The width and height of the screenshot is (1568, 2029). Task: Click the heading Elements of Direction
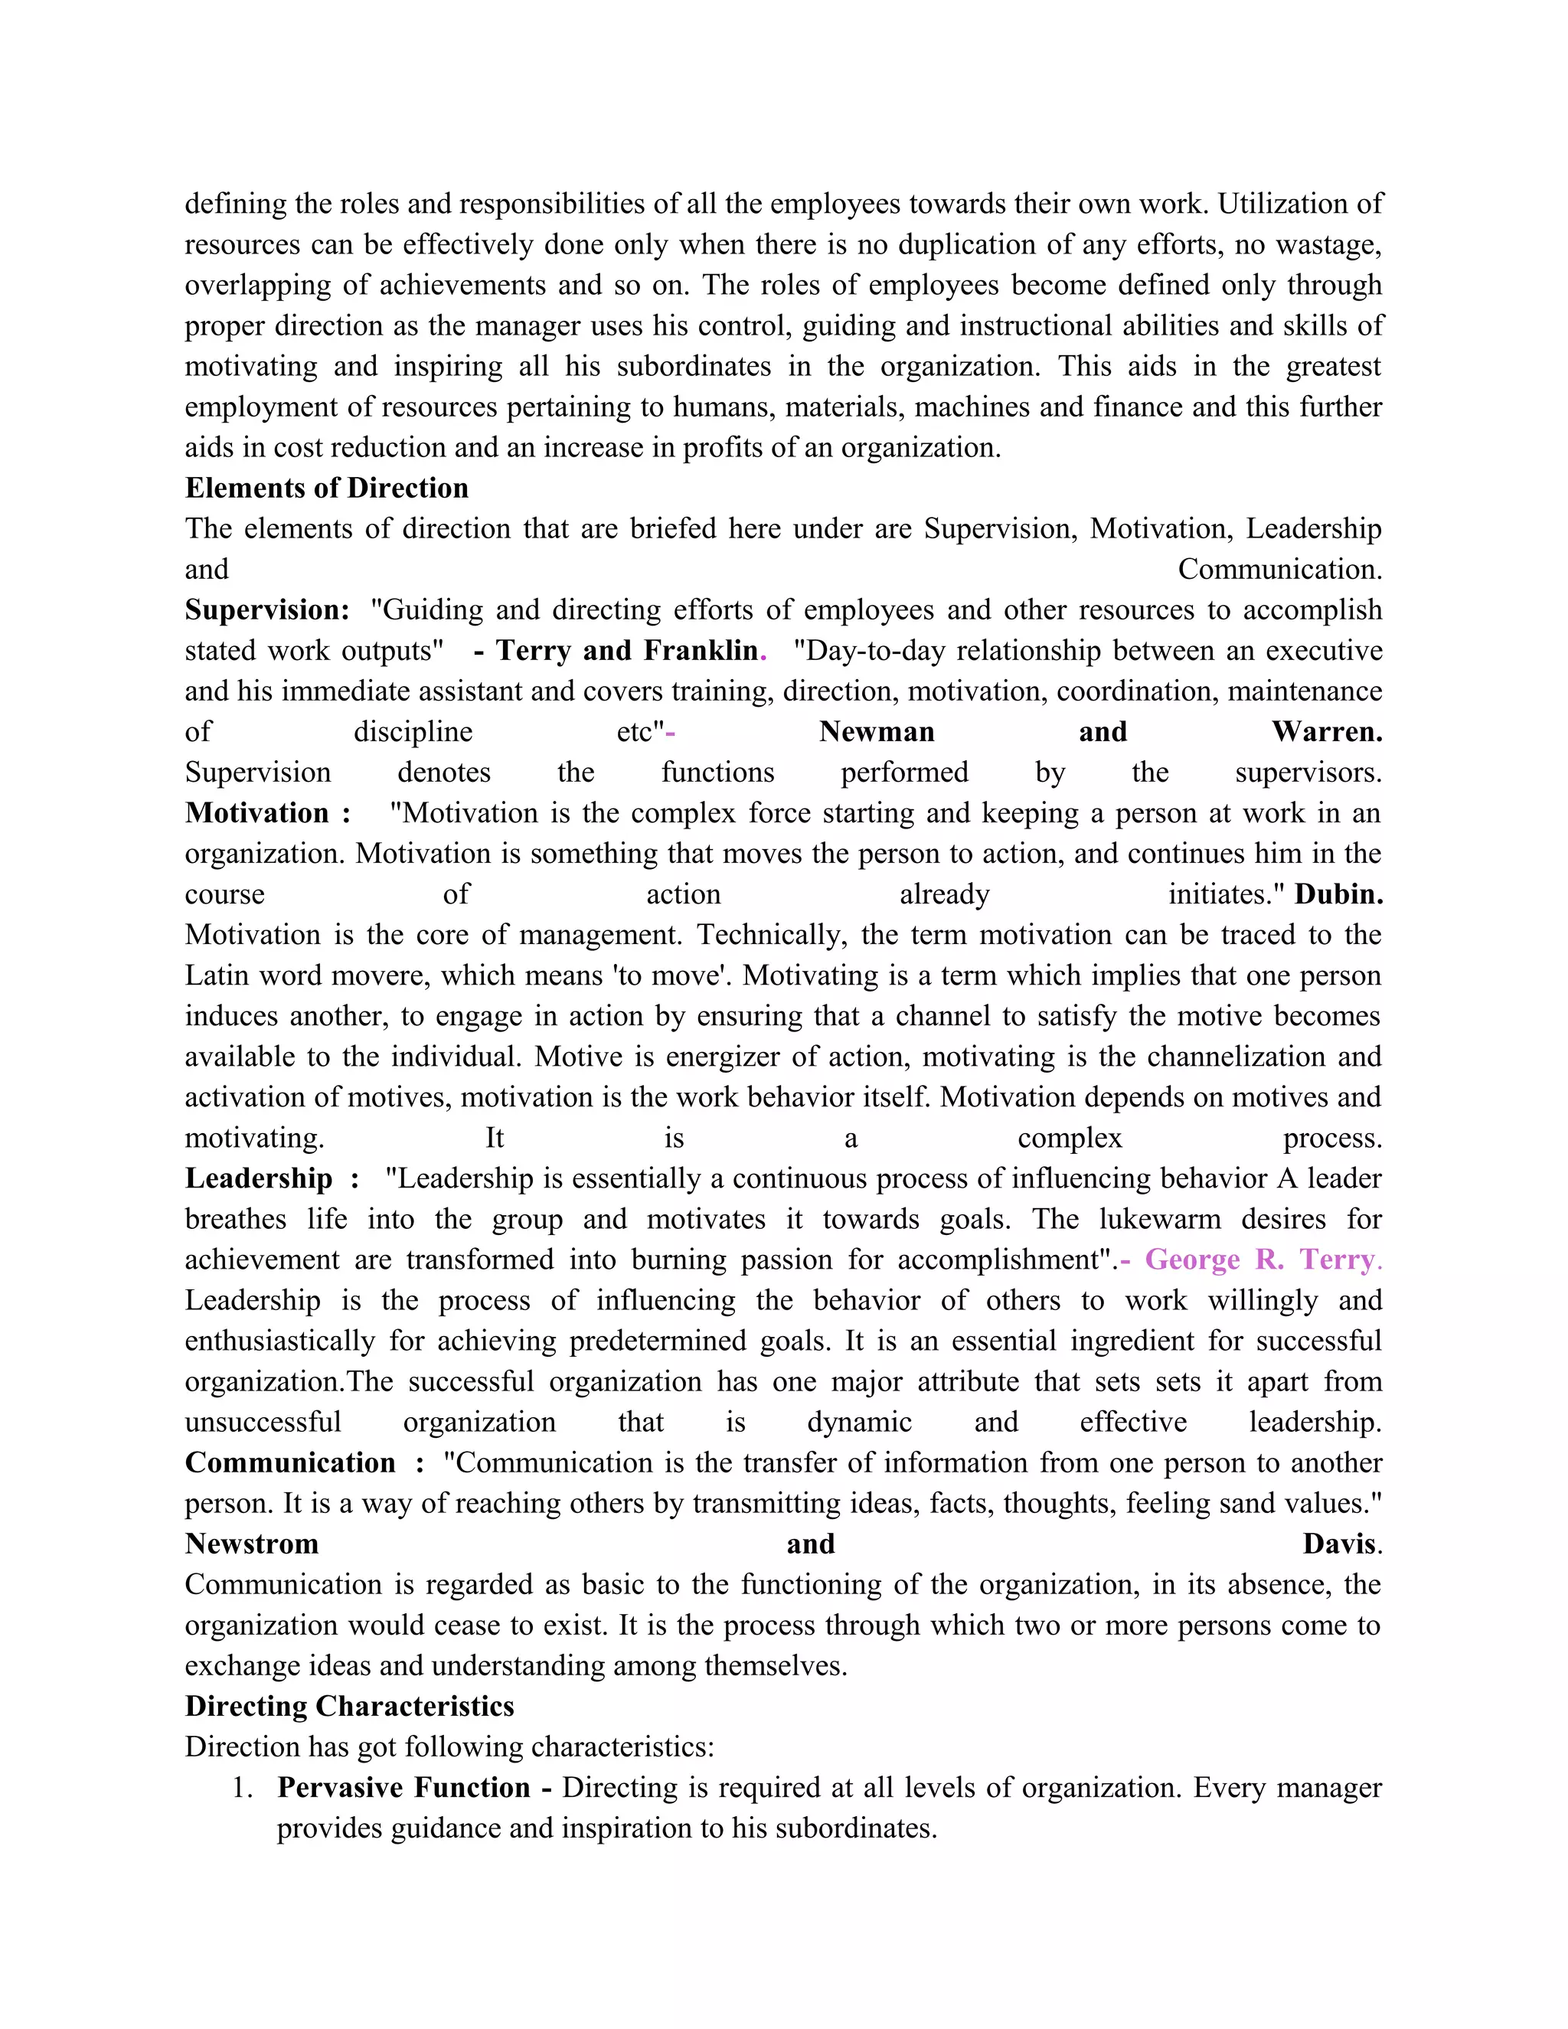point(326,488)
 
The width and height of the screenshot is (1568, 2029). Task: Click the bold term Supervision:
point(266,609)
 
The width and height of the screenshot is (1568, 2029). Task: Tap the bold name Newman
point(876,731)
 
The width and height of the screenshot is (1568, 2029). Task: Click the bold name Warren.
point(1327,731)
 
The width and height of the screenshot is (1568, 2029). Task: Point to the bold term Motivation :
point(267,813)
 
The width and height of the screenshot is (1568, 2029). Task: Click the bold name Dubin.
point(1338,894)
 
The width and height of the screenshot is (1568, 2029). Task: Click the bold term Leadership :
point(271,1178)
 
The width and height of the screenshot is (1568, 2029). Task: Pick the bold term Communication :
point(304,1462)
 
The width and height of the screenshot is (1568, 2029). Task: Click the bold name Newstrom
point(252,1544)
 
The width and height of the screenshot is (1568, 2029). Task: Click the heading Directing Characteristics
point(349,1707)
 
